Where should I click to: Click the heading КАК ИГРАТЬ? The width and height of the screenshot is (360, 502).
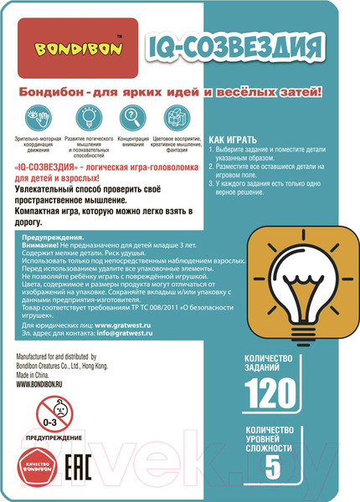(x=238, y=140)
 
